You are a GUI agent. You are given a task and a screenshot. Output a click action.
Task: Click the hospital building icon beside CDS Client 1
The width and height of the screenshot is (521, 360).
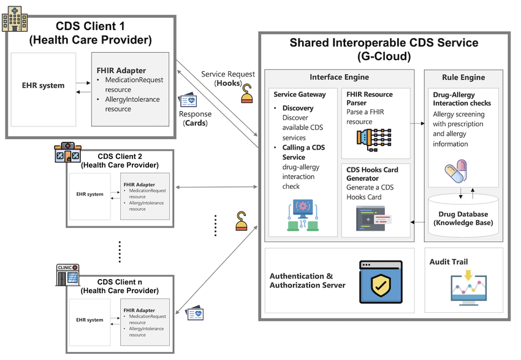[13, 18]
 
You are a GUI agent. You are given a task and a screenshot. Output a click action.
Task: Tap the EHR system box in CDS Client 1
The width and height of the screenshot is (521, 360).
[43, 85]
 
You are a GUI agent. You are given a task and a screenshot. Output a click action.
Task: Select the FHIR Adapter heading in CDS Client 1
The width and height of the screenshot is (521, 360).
[121, 71]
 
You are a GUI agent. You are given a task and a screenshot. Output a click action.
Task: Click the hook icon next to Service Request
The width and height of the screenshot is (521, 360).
[247, 93]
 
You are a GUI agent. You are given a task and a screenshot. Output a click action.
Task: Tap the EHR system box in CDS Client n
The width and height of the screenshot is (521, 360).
[89, 320]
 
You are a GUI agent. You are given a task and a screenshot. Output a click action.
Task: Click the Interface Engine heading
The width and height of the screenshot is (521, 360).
[339, 78]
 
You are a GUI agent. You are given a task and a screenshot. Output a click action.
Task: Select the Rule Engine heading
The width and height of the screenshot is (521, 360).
[463, 78]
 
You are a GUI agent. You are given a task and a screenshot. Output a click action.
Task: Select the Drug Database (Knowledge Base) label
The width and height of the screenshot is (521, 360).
[463, 218]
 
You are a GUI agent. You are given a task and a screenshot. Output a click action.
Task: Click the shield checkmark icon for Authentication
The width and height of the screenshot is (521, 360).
[381, 282]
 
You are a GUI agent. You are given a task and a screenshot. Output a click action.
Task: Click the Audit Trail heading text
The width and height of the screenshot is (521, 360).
[448, 262]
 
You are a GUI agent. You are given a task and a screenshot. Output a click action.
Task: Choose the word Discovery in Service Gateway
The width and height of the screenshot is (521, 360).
[298, 108]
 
